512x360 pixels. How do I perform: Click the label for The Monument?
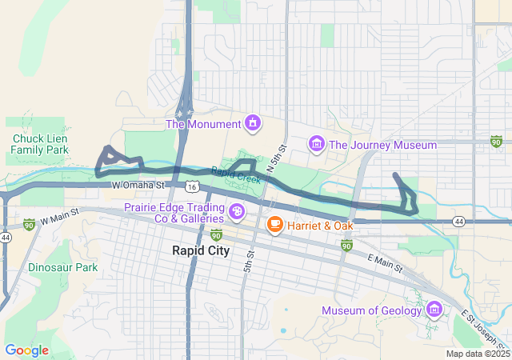point(202,124)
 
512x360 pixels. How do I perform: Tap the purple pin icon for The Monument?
point(254,123)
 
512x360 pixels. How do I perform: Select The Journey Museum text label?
point(382,145)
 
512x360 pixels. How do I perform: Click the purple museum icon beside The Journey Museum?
point(317,144)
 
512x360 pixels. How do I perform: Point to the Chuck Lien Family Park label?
point(40,144)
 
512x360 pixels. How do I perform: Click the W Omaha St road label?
point(138,185)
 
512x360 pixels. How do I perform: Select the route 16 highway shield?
point(190,186)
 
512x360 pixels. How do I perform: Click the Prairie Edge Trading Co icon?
point(238,212)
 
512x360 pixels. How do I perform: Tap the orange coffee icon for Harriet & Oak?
point(274,226)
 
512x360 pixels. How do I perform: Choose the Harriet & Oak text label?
point(320,226)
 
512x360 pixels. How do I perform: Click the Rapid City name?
point(201,250)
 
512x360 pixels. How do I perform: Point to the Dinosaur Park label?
point(62,267)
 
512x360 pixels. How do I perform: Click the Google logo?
point(26,350)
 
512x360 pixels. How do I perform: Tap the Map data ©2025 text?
point(477,354)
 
